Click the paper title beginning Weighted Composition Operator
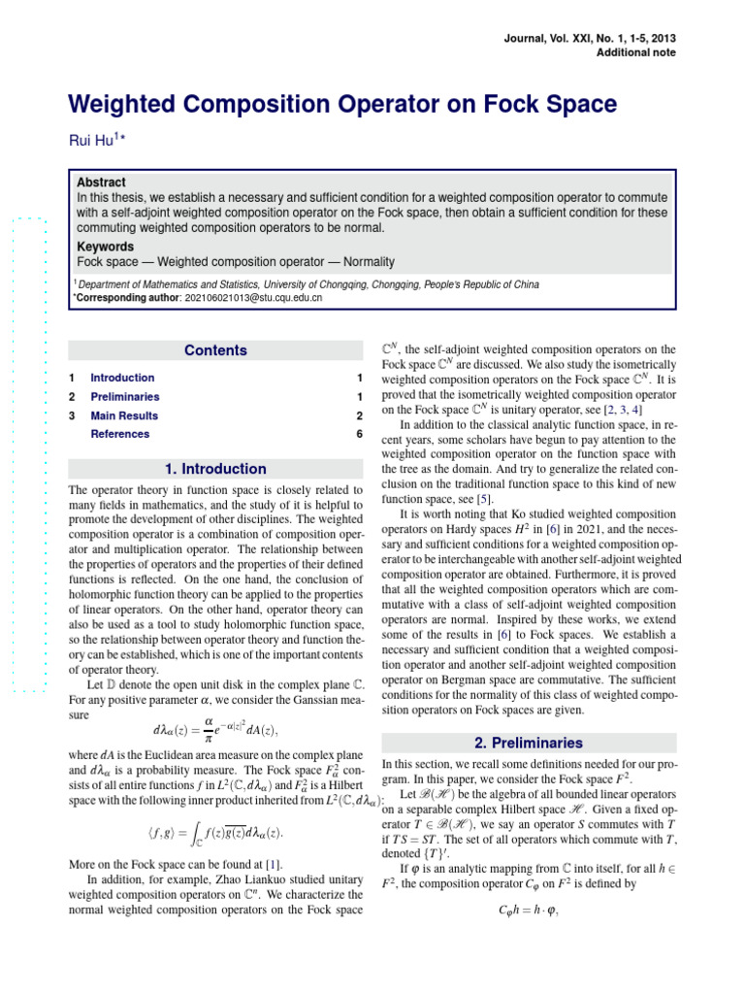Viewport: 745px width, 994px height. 341,104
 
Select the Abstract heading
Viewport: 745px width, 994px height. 101,182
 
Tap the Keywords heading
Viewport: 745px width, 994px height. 105,247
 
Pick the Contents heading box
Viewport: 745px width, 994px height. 215,350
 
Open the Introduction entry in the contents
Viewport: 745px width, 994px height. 122,378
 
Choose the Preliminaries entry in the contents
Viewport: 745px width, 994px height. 125,397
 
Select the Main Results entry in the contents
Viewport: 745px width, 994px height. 124,415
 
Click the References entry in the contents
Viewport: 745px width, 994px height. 119,434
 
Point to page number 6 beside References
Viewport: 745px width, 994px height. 359,434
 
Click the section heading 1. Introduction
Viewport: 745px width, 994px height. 215,469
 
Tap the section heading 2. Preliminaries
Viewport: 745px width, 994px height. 529,744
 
